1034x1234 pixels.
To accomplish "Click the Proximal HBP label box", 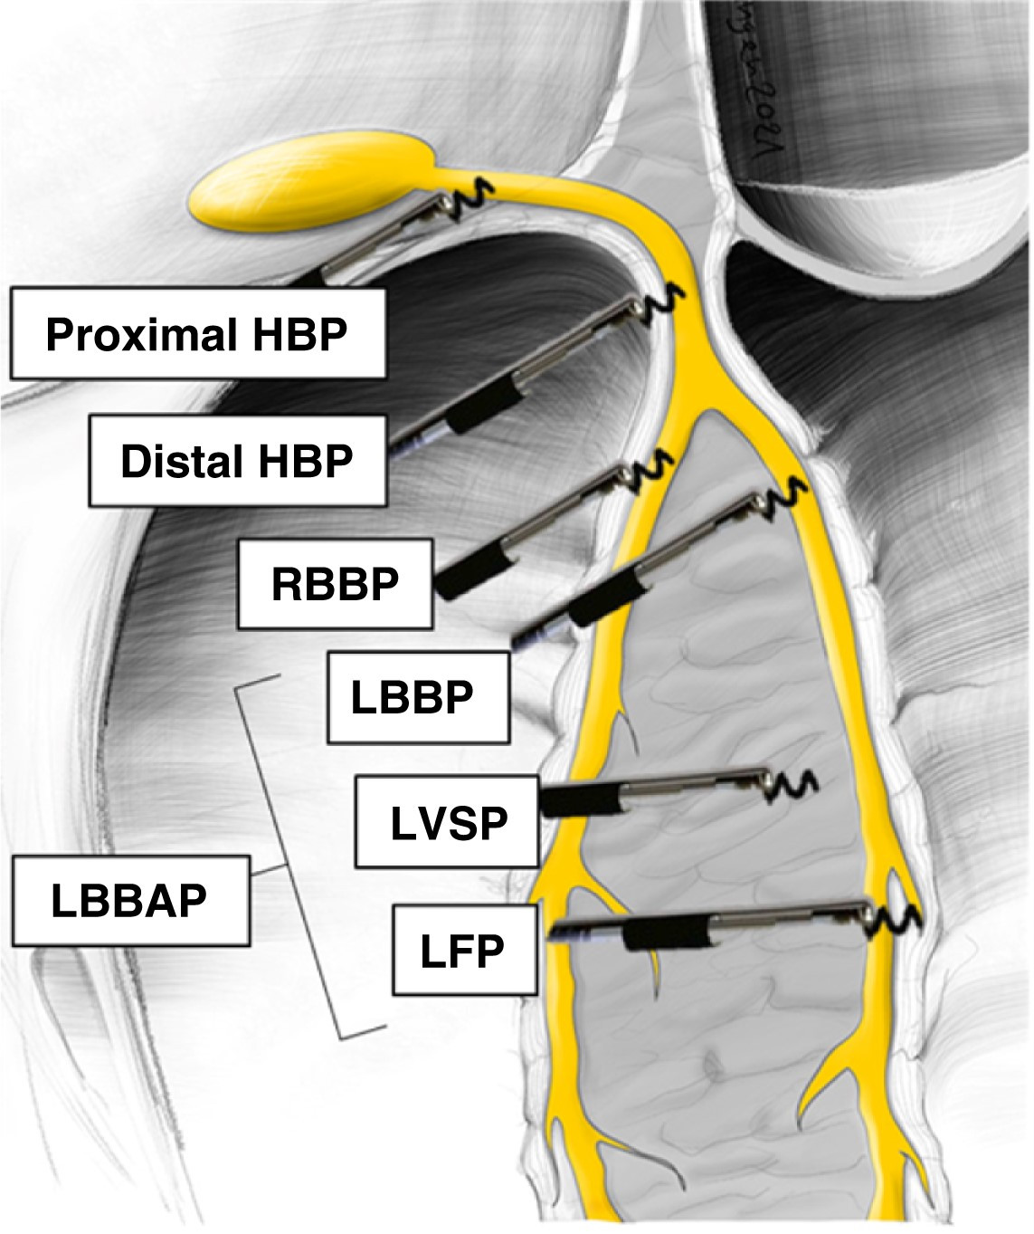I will tap(198, 334).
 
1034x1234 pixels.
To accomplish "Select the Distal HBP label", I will tap(237, 461).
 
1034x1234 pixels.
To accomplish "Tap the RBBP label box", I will tap(335, 584).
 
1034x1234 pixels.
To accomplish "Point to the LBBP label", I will tap(416, 697).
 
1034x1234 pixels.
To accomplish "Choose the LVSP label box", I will tap(447, 822).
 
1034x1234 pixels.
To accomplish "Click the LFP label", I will tap(463, 950).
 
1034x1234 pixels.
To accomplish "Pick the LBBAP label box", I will tap(130, 901).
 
